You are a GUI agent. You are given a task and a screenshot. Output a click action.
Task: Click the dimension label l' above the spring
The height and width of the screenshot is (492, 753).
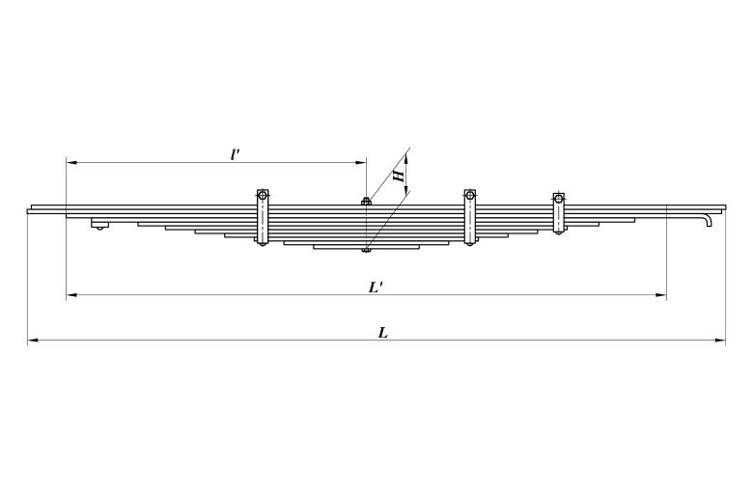[x=235, y=154]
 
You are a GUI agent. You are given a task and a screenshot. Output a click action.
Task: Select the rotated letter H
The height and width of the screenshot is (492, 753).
[x=398, y=177]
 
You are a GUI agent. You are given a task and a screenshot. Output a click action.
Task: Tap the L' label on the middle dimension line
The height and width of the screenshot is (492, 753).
[x=376, y=287]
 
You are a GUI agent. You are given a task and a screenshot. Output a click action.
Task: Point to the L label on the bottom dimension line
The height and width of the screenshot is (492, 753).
[x=382, y=333]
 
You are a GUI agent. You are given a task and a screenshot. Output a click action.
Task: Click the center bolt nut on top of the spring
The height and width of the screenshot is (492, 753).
[x=366, y=201]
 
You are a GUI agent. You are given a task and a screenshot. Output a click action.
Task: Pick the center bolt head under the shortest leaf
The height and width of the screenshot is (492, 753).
[x=366, y=250]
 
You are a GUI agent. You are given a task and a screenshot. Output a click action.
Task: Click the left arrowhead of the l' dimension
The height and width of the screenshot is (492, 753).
[x=71, y=163]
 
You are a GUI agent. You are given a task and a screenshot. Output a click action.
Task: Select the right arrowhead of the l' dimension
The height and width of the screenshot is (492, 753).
[x=361, y=163]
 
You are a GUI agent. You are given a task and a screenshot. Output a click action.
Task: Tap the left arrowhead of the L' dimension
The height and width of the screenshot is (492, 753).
[x=71, y=295]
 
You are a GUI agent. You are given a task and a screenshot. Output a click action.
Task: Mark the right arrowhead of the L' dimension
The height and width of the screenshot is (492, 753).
[x=661, y=295]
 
